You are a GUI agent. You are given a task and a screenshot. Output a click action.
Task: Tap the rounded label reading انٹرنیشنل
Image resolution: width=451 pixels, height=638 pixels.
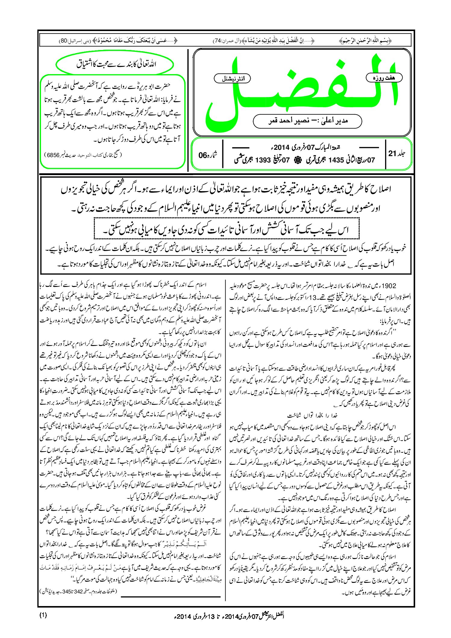pyautogui.click(x=232, y=79)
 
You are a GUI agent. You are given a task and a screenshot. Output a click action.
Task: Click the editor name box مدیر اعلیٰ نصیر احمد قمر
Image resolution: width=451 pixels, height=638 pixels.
pyautogui.click(x=308, y=121)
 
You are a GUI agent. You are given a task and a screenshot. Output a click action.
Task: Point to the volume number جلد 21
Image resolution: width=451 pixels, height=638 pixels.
pyautogui.click(x=397, y=153)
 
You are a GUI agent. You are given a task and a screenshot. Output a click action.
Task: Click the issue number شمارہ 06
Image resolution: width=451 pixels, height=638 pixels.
pyautogui.click(x=208, y=155)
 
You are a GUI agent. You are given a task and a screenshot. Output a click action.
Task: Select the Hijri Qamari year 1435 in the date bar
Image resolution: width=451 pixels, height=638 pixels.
pyautogui.click(x=336, y=160)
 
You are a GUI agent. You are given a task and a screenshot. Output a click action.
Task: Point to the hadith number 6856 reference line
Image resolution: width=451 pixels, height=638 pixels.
pyautogui.click(x=83, y=155)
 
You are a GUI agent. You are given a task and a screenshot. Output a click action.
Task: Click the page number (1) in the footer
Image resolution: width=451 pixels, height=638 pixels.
pyautogui.click(x=43, y=615)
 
